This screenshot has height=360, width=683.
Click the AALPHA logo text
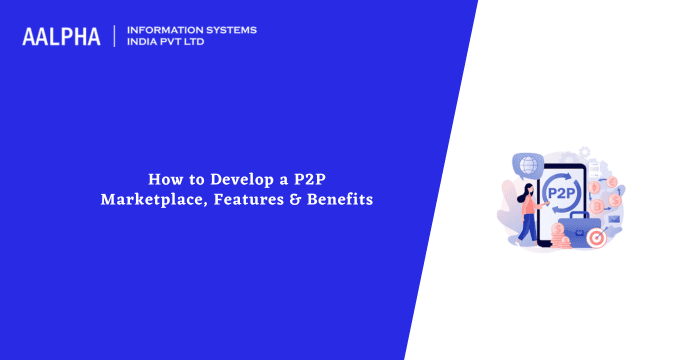[61, 37]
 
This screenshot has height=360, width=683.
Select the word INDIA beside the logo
[144, 43]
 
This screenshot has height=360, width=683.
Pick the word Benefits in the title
[338, 200]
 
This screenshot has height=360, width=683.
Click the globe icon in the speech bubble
[527, 164]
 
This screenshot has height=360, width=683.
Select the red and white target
[596, 238]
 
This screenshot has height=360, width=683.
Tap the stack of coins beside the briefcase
[560, 237]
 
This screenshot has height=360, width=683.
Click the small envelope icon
[613, 219]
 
